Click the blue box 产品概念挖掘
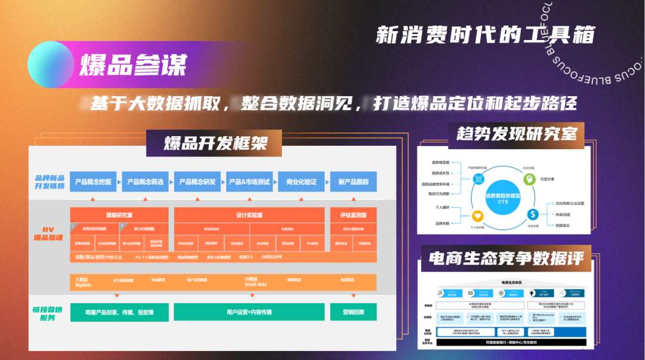tap(93, 181)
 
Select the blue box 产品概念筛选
tap(145, 181)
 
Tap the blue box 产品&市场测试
tap(249, 181)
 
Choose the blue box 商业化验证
tap(301, 181)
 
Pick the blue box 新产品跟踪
tap(354, 181)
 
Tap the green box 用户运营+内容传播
tap(249, 312)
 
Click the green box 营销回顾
tap(354, 312)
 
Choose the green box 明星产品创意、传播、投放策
tap(119, 312)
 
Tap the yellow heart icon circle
tap(478, 216)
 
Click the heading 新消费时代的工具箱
tap(485, 35)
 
